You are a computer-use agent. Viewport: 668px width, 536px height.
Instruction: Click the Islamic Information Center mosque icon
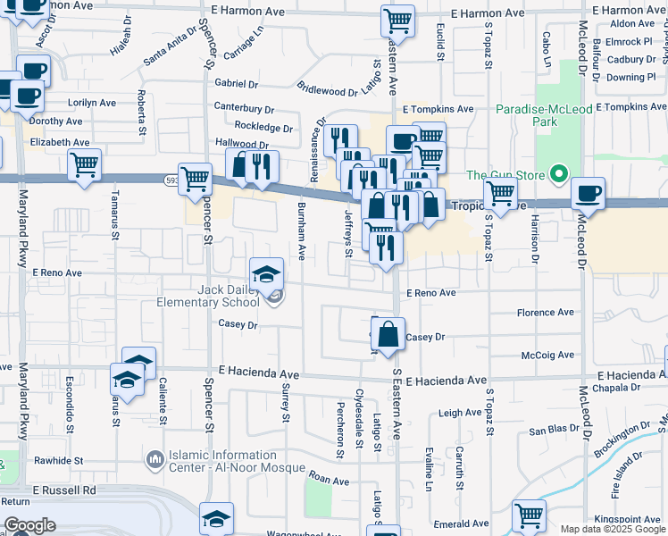[155, 459]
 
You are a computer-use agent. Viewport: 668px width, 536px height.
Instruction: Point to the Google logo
[29, 525]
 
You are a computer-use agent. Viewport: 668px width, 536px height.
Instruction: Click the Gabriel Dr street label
[236, 84]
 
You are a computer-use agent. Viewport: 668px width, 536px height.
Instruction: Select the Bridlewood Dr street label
[327, 90]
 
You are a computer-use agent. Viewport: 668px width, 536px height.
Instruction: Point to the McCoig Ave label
[547, 355]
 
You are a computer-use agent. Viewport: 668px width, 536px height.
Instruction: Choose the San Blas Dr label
[548, 431]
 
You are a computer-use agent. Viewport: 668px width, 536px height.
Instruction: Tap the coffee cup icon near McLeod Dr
[589, 193]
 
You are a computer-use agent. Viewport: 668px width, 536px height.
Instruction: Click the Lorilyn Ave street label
[86, 103]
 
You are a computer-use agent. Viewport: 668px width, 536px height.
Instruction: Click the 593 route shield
[171, 180]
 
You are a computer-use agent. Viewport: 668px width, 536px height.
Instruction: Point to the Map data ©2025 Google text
[611, 529]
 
